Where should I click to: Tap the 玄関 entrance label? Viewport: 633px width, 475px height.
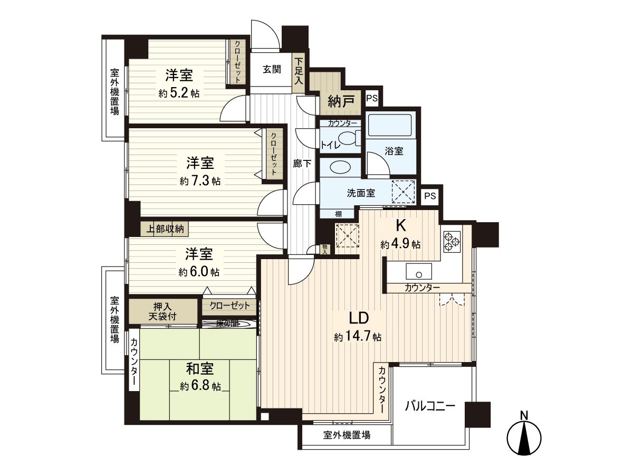tap(272, 69)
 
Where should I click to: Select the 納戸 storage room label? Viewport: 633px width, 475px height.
tap(341, 100)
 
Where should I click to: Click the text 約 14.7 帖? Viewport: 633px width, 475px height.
tap(358, 337)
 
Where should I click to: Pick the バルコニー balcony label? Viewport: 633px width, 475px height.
tap(430, 406)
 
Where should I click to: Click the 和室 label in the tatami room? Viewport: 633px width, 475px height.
tap(200, 368)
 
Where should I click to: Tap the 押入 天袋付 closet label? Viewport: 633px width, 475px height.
tap(162, 311)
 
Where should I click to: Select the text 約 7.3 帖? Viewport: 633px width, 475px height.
tap(200, 181)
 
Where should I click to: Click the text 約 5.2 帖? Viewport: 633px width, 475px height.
tap(179, 93)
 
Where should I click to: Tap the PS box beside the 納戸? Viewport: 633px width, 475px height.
tap(372, 98)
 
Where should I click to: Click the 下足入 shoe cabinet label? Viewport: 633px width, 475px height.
tap(299, 71)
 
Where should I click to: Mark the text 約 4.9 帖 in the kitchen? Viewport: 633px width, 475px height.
tap(401, 244)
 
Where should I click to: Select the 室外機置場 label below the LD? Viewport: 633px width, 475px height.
tap(346, 435)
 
